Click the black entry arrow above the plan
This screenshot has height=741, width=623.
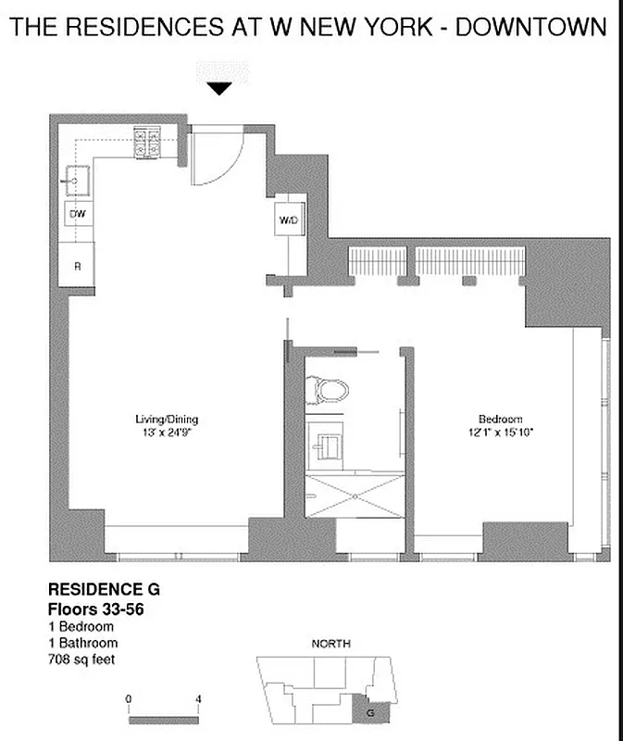click(x=219, y=89)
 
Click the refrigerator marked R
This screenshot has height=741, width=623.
click(x=77, y=266)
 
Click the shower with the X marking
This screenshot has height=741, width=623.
click(x=355, y=495)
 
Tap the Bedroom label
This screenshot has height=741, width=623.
click(x=500, y=419)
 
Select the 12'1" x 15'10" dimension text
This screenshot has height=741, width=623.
click(x=500, y=433)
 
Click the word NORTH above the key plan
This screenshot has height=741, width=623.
click(x=330, y=644)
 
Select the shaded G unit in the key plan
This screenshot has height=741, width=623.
click(x=370, y=712)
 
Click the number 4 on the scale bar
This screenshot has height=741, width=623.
click(x=199, y=698)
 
